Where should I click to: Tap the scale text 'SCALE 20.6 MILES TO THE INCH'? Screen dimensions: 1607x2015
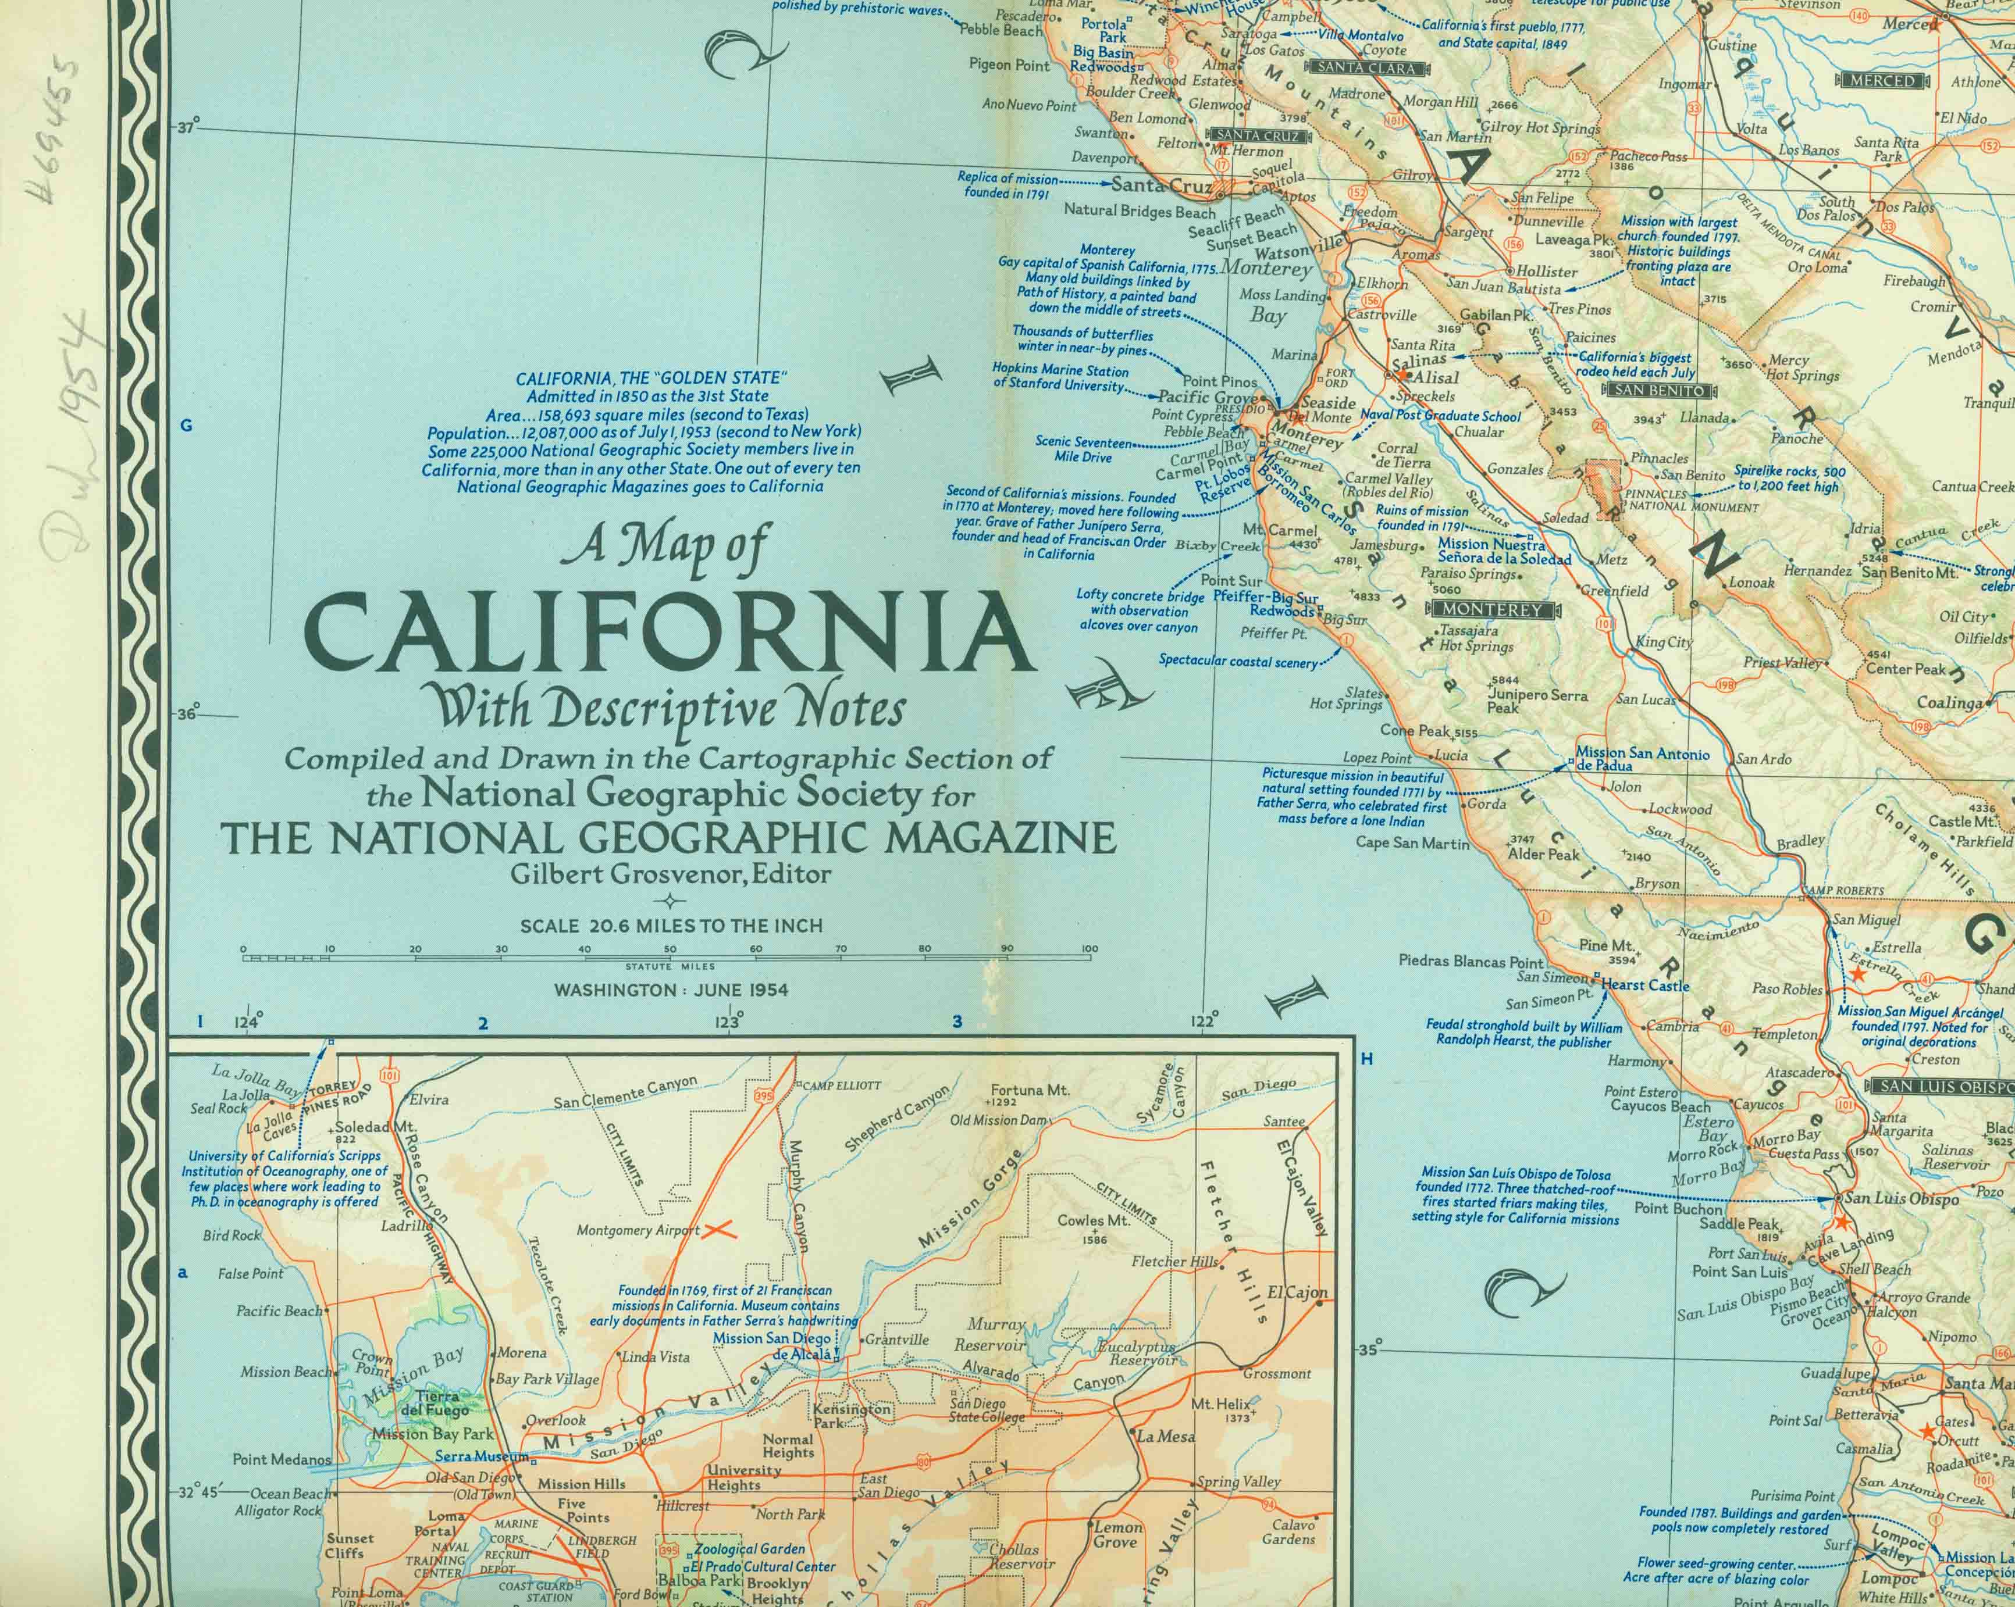(671, 926)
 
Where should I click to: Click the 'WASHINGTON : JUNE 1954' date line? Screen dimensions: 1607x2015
(671, 990)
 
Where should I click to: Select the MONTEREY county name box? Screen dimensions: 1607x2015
(1491, 609)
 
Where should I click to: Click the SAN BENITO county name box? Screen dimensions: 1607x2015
(1660, 391)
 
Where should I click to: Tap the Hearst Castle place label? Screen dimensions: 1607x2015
(1645, 985)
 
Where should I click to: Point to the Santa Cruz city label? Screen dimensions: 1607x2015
(1160, 185)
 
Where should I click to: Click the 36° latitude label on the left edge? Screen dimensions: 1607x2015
(188, 715)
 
